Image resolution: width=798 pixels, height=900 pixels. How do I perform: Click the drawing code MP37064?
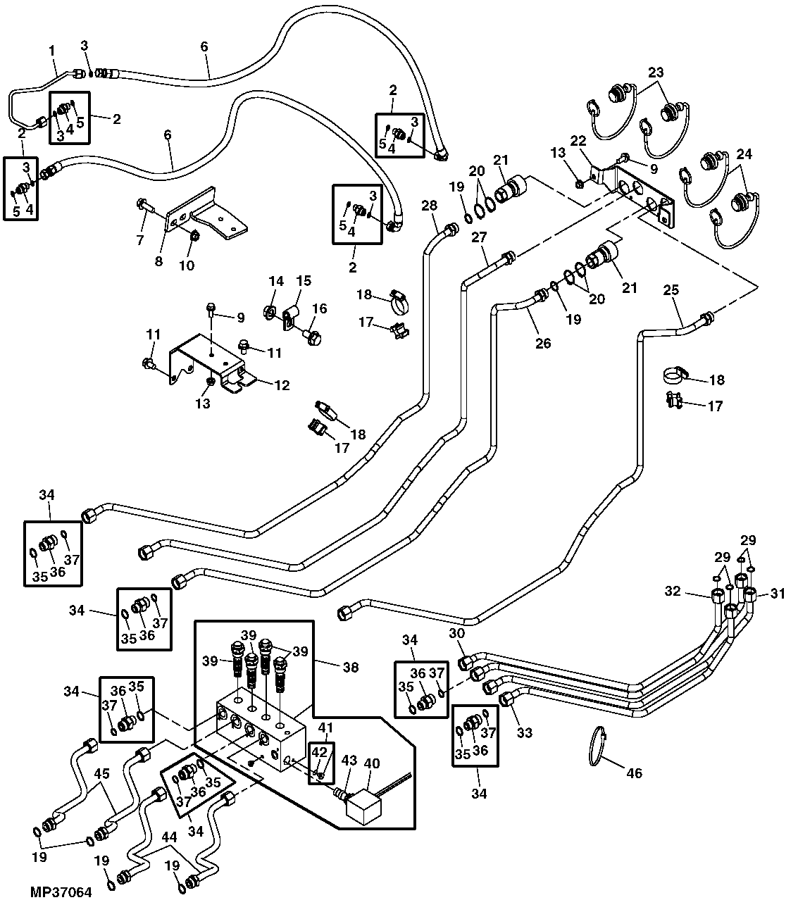(61, 892)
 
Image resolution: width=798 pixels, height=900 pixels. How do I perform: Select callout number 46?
(634, 773)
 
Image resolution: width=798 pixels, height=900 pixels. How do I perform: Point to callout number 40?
(373, 763)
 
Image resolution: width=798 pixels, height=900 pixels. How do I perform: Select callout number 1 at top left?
(51, 51)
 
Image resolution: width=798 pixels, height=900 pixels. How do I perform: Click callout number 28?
(430, 205)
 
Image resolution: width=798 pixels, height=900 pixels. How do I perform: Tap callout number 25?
(671, 289)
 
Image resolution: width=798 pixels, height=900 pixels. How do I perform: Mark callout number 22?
(578, 141)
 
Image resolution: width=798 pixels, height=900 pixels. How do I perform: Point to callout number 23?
(656, 73)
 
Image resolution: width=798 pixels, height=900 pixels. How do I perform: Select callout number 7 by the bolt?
(139, 241)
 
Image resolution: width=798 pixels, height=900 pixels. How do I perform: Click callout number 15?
(303, 281)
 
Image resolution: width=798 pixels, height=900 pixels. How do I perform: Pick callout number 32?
(673, 591)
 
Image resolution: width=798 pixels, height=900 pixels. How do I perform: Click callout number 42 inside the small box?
(319, 752)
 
